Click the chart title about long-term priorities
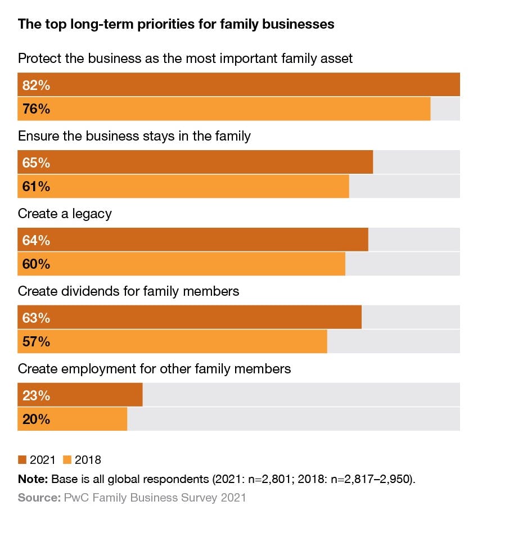176,24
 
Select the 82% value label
36,85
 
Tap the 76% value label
36,109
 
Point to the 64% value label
36,241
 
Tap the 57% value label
36,341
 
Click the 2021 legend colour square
22,460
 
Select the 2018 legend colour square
67,460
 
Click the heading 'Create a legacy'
65,214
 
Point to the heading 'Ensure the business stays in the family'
134,136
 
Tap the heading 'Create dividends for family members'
128,291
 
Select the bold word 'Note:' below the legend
33,479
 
